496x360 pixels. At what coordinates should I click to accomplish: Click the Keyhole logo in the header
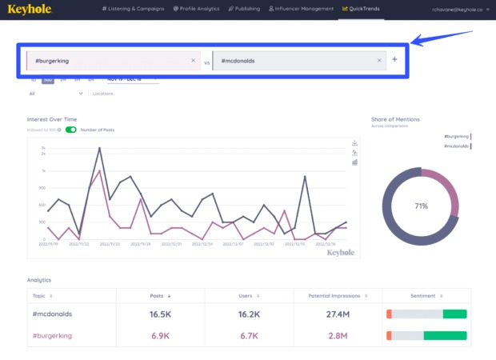coord(30,9)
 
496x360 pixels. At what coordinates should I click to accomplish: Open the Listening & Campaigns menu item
coord(134,9)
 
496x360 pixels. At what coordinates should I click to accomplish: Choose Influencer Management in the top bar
coord(302,9)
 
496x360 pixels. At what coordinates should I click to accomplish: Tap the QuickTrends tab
coord(360,9)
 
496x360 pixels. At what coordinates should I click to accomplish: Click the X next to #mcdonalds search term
coord(379,61)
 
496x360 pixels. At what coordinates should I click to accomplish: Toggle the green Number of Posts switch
coord(70,130)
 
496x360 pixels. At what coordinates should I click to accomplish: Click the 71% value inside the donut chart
coord(421,206)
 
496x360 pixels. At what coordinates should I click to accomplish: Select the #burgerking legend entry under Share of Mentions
coord(457,137)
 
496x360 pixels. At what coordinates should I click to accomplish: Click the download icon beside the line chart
coord(354,143)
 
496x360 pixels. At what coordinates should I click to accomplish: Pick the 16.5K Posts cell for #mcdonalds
coord(161,314)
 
